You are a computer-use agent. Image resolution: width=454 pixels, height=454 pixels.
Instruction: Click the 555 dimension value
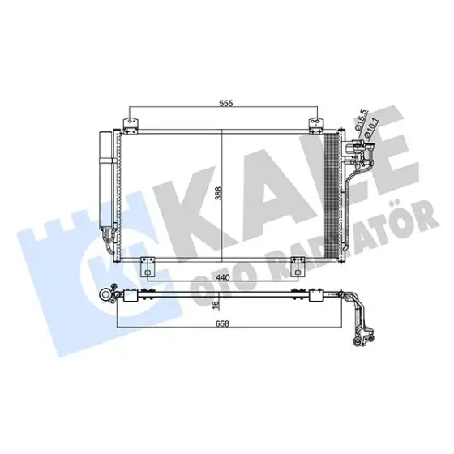tap(226, 103)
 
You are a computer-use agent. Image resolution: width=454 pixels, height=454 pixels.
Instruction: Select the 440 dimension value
tap(223, 277)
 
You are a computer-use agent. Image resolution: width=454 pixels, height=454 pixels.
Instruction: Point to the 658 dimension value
tap(222, 323)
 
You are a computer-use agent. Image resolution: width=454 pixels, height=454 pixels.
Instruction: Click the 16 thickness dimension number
tap(216, 305)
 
